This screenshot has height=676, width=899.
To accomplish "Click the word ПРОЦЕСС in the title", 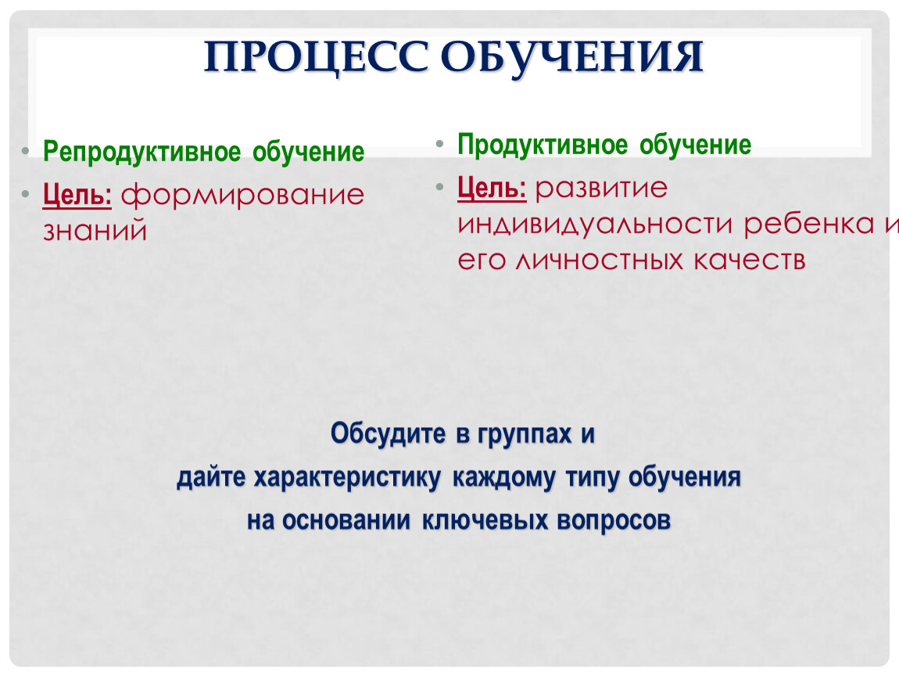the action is [316, 57].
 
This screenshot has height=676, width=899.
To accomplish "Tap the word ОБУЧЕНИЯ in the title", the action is [572, 58].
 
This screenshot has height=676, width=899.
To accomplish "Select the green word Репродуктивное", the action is [142, 153].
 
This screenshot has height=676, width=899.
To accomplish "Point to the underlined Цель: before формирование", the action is [77, 195].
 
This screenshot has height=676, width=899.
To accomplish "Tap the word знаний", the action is [95, 232].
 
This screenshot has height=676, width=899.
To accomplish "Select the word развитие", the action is [601, 189].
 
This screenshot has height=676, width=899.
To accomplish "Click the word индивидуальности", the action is [595, 225].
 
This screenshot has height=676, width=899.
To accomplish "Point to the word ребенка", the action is [809, 225].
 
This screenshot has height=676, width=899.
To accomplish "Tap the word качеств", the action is [750, 261].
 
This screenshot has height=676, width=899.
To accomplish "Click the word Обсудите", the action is [388, 433].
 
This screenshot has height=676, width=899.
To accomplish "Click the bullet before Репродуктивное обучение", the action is [25, 152].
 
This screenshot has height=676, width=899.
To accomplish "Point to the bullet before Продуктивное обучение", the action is [439, 144].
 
